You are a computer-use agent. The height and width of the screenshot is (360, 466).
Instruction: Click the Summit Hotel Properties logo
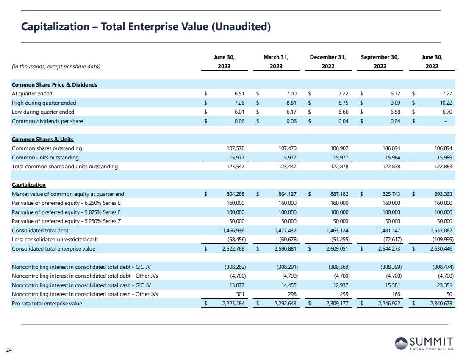(x=424, y=343)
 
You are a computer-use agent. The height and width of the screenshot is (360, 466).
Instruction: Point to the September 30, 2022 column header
(x=380, y=61)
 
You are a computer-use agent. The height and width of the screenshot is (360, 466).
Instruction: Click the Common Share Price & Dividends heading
(x=55, y=85)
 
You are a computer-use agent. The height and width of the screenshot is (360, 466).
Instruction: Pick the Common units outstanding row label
(x=45, y=158)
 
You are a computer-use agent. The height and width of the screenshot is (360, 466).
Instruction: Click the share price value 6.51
(x=237, y=94)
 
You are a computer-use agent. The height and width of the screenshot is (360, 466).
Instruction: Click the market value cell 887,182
(x=338, y=194)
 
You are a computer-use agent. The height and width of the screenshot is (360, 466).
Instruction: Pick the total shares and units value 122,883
(x=442, y=167)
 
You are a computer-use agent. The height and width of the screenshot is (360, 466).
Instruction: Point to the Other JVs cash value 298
(x=290, y=294)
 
